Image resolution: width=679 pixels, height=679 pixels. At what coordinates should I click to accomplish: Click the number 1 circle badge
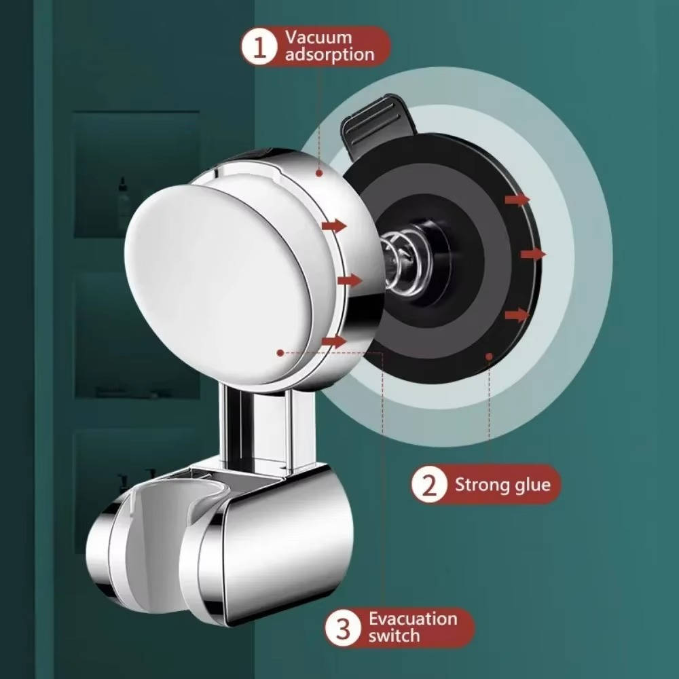tap(259, 47)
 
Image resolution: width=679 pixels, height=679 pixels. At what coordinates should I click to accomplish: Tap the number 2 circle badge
tap(428, 485)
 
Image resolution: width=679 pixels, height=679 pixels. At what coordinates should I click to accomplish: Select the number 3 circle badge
tap(343, 627)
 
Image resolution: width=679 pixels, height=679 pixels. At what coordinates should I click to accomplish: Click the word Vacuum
tap(318, 37)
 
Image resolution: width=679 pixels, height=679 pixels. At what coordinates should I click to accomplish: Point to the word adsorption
tap(329, 55)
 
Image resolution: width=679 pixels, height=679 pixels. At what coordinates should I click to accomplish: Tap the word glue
tap(532, 485)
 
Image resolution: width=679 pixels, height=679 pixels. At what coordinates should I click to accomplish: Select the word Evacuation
tap(413, 619)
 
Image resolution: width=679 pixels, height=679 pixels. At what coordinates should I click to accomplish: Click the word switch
tap(394, 636)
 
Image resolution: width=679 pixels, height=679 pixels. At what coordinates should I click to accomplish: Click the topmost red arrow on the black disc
tap(517, 200)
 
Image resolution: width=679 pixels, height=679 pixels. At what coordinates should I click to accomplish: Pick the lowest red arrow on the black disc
tap(517, 315)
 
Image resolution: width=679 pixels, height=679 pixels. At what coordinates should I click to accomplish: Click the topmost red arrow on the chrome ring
tap(334, 225)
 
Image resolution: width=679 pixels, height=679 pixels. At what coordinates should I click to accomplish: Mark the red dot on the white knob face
tap(280, 353)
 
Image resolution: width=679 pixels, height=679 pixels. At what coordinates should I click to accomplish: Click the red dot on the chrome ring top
tap(319, 172)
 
